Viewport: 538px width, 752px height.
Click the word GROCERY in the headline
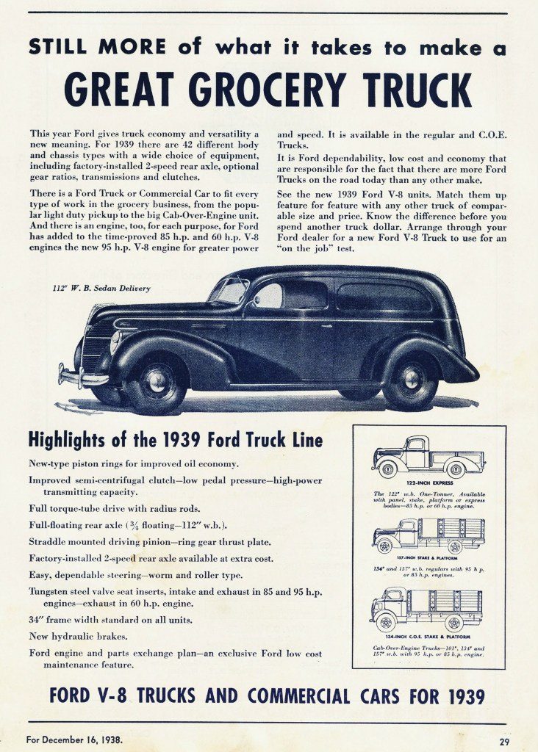(272, 89)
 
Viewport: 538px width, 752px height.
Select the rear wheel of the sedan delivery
(409, 380)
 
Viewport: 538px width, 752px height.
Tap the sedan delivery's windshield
(229, 290)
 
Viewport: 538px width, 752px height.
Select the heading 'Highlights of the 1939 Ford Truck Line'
(175, 441)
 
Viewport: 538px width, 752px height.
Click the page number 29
(503, 740)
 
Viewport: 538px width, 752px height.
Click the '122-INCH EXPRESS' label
(428, 483)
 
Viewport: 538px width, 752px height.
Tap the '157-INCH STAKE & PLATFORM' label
(428, 559)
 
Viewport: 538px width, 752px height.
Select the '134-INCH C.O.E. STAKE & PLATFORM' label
(428, 636)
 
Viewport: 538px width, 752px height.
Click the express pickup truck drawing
(428, 457)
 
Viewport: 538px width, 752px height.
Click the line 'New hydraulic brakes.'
(78, 635)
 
